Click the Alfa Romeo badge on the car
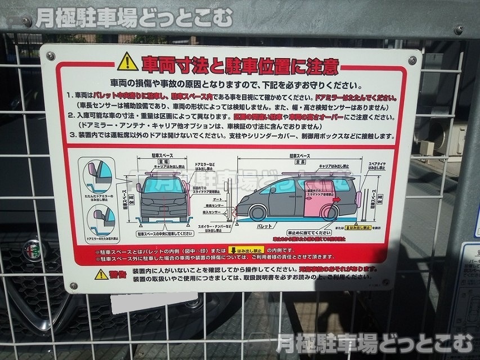coord(33,249)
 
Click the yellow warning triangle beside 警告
coord(101,274)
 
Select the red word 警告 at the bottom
coord(118,274)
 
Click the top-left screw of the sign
coord(51,56)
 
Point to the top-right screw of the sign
coord(412,60)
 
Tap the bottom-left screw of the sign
coord(73,286)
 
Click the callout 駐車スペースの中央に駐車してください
coord(163,232)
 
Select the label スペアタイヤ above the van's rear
coord(377,165)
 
